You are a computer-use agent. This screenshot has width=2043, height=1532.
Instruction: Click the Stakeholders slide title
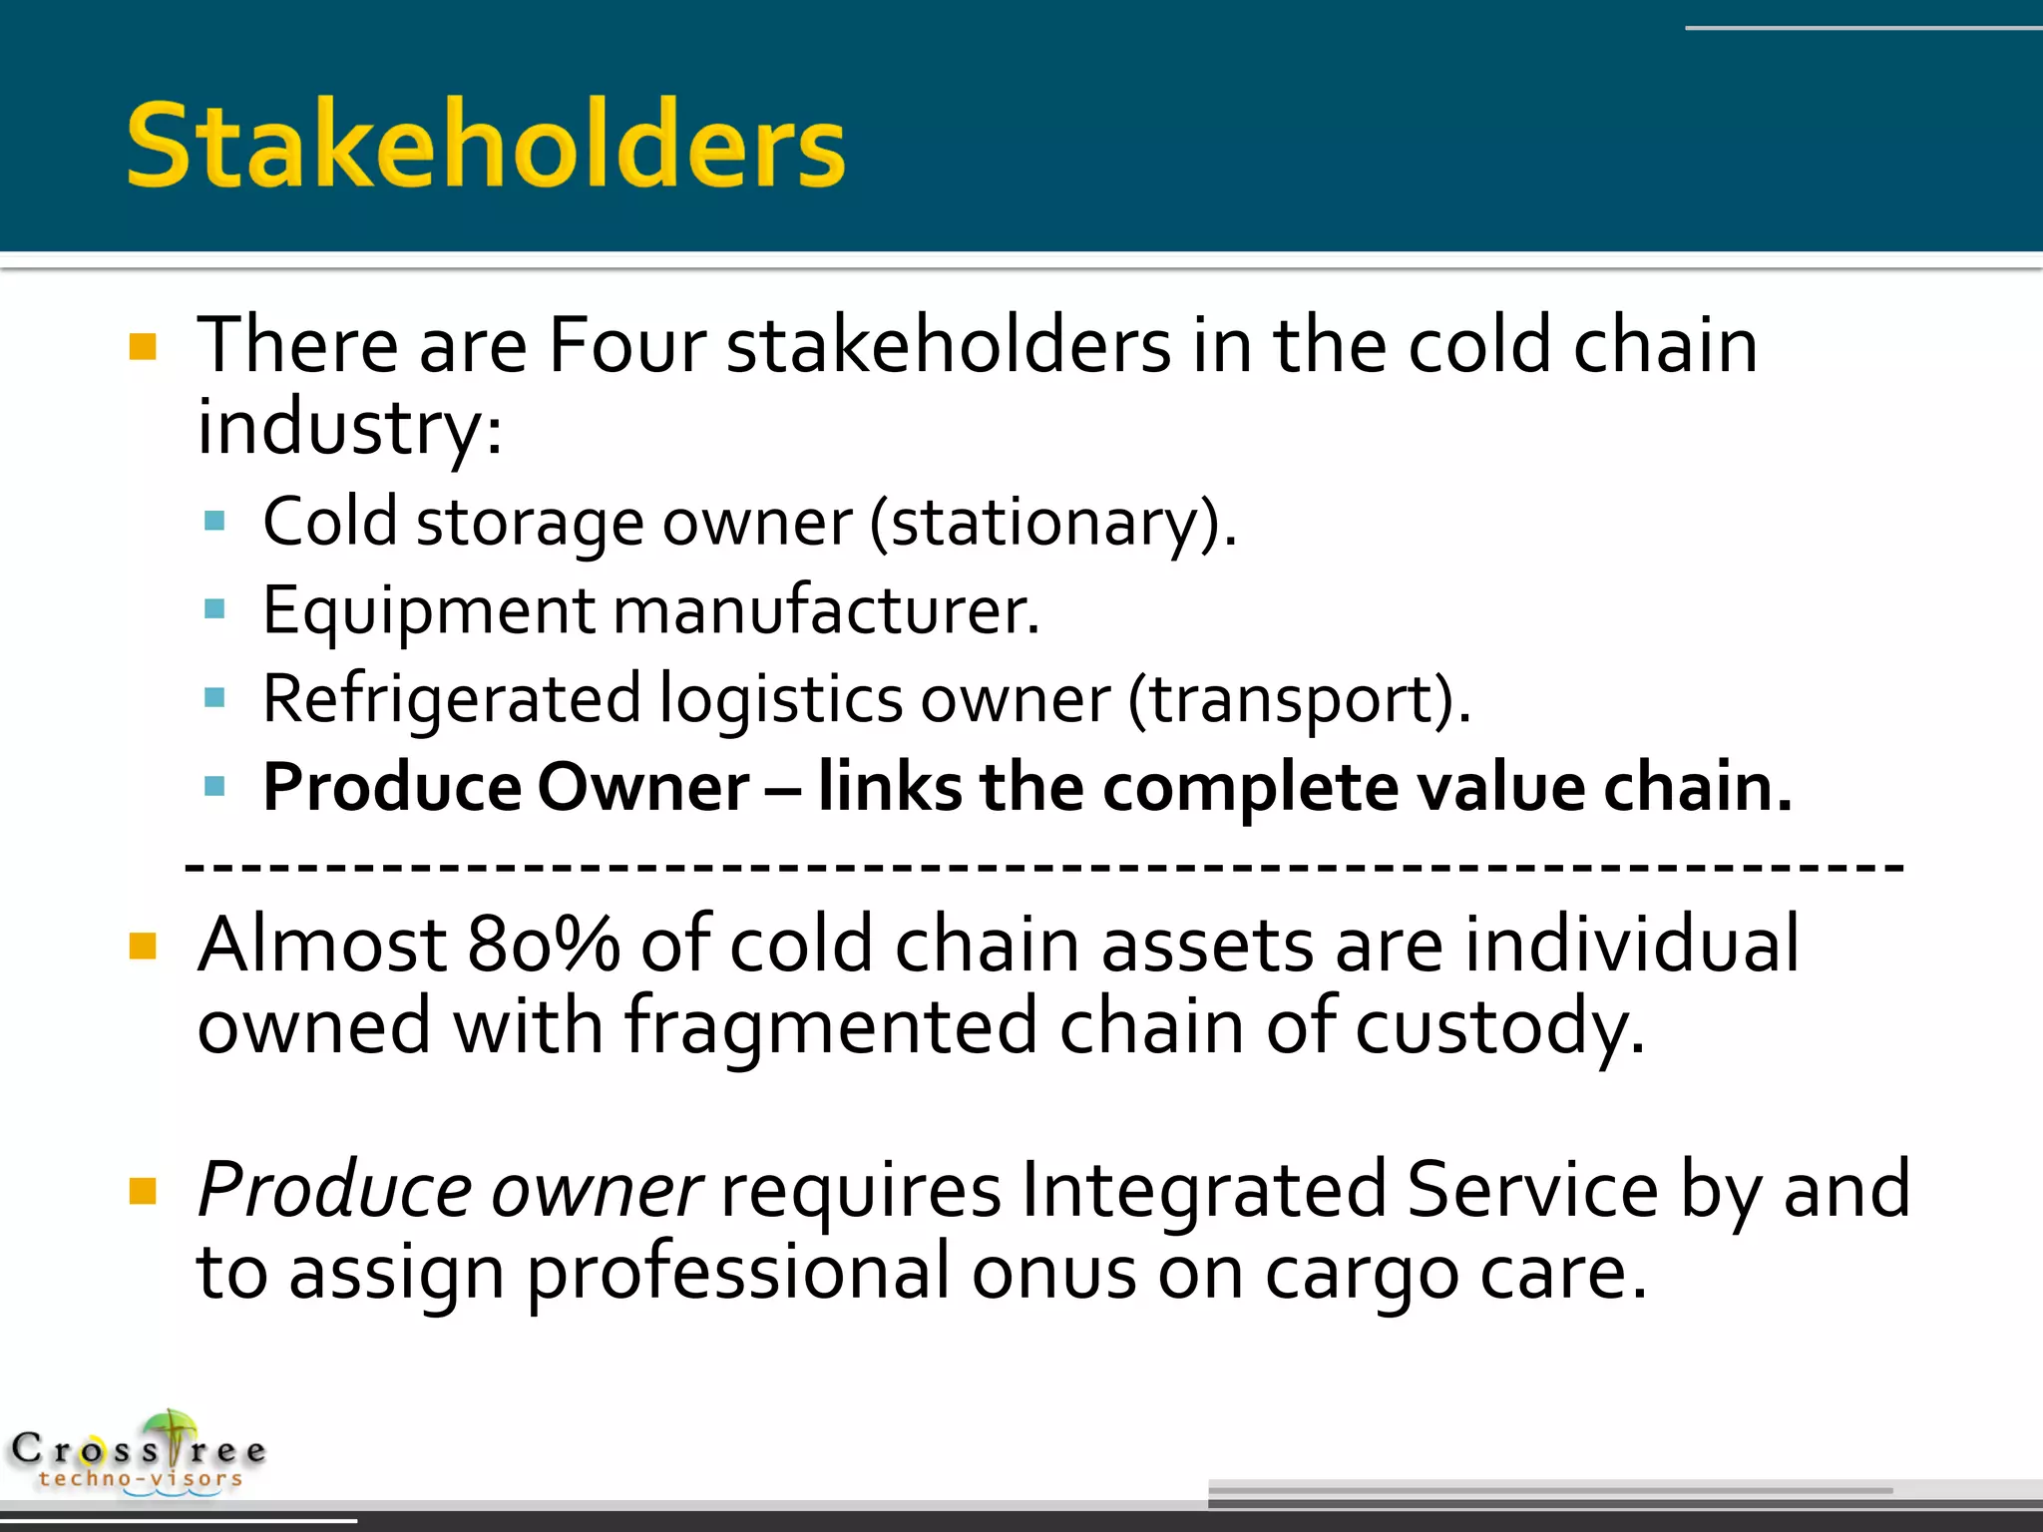[x=486, y=146]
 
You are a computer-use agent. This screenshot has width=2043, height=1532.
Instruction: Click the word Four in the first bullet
[x=627, y=345]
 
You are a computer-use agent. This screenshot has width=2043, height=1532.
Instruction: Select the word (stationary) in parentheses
[x=1052, y=523]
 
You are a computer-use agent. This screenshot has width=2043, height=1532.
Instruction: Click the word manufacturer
[x=826, y=609]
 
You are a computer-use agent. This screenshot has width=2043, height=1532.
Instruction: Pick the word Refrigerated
[x=451, y=698]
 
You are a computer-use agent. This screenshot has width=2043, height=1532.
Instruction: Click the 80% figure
[x=544, y=944]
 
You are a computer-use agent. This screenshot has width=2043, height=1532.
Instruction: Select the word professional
[x=738, y=1274]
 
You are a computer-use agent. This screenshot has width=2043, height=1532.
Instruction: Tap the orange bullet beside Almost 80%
[x=144, y=946]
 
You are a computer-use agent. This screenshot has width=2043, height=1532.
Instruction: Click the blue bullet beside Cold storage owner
[x=214, y=521]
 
